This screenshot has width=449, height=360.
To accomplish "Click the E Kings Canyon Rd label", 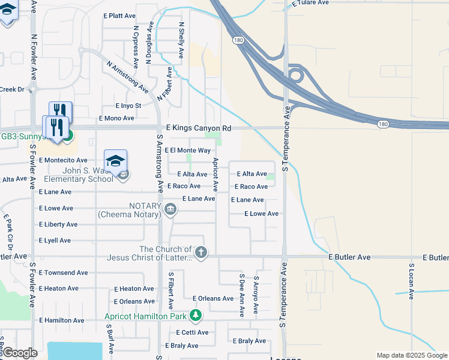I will pos(198,128).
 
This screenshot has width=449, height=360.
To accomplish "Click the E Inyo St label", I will pos(121,106).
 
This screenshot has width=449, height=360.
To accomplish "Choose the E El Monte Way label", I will pos(187,151).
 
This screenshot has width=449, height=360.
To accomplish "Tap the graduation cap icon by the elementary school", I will pos(115,161).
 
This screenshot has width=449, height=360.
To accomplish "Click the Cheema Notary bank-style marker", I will pos(170,209).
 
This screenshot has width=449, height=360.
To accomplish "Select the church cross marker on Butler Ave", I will pos(201,253).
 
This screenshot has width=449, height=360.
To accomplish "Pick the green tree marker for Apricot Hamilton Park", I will pos(195,315).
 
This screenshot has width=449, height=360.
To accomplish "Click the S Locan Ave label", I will pos(411,281).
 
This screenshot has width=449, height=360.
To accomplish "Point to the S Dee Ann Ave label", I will pos(241,295).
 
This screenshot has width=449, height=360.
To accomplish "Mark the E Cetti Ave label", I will pos(192,332).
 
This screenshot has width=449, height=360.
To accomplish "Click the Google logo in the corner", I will pos(19,353).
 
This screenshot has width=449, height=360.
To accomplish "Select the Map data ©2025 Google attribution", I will pos(411,355).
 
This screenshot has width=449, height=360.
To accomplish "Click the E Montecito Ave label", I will pos(63,161).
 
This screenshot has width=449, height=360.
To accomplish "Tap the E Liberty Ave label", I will pos(58,224).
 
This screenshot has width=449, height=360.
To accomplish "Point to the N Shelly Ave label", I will pos(181,40).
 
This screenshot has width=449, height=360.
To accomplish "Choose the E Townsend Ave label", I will pos(63,272).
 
